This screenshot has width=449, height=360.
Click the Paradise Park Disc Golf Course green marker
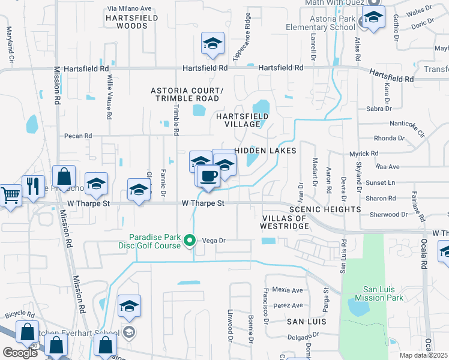point(190,241)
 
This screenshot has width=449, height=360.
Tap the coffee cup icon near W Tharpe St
point(208,176)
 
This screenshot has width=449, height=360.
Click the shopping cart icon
point(10,194)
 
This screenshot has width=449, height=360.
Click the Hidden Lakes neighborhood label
point(265,151)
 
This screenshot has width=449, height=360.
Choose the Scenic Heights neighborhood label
point(325,209)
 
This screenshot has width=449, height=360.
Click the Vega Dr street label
point(213,240)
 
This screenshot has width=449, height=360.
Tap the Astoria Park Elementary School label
point(324,23)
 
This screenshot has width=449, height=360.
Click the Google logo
point(20,353)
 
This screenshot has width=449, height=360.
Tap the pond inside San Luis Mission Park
point(358,308)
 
